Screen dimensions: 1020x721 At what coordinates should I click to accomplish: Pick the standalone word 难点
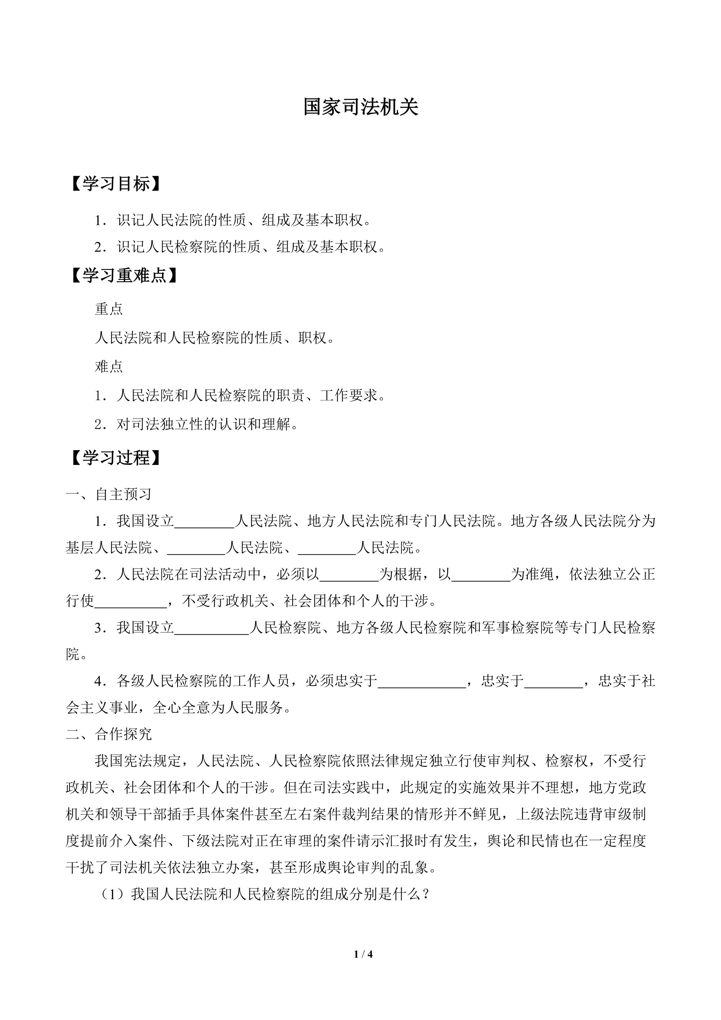click(109, 367)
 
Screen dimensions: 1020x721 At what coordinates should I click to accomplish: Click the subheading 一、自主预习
click(109, 494)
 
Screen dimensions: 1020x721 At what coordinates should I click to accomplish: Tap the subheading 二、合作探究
click(109, 734)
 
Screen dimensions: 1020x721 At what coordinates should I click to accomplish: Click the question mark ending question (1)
click(426, 894)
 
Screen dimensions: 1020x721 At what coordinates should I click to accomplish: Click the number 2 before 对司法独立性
click(98, 424)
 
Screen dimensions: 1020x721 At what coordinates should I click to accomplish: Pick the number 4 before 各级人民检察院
click(98, 681)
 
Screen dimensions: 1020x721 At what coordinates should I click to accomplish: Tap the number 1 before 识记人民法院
click(98, 220)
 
